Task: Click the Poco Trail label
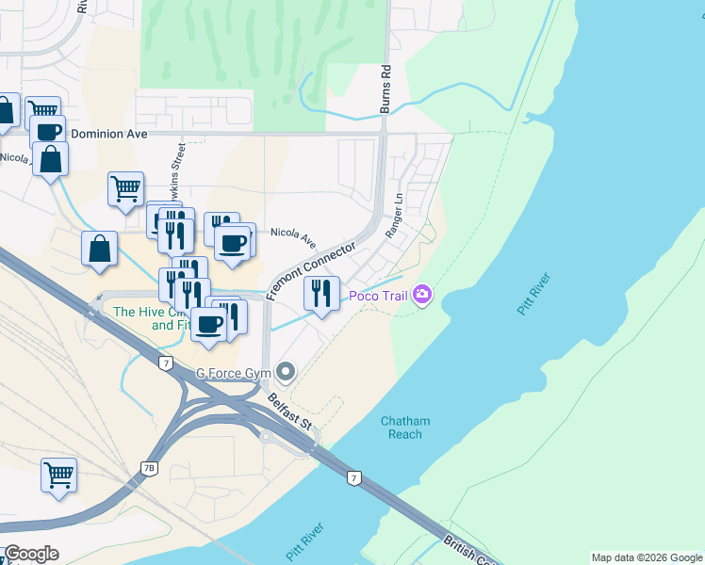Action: pyautogui.click(x=377, y=296)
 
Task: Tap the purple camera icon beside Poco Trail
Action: pyautogui.click(x=421, y=296)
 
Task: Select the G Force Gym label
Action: pyautogui.click(x=233, y=374)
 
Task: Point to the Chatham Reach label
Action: pyautogui.click(x=405, y=428)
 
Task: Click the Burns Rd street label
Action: pyautogui.click(x=385, y=89)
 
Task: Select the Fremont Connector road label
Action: pyautogui.click(x=310, y=270)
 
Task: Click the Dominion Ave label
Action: pyautogui.click(x=109, y=134)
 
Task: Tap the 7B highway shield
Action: pyautogui.click(x=148, y=468)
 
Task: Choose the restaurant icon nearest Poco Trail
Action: pyautogui.click(x=321, y=294)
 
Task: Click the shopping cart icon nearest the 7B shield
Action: pyautogui.click(x=58, y=476)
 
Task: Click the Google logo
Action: pyautogui.click(x=30, y=554)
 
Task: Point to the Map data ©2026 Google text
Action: pyautogui.click(x=646, y=557)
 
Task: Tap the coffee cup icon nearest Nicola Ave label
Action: pyautogui.click(x=232, y=244)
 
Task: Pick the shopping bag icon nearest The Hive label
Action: pyautogui.click(x=99, y=250)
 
